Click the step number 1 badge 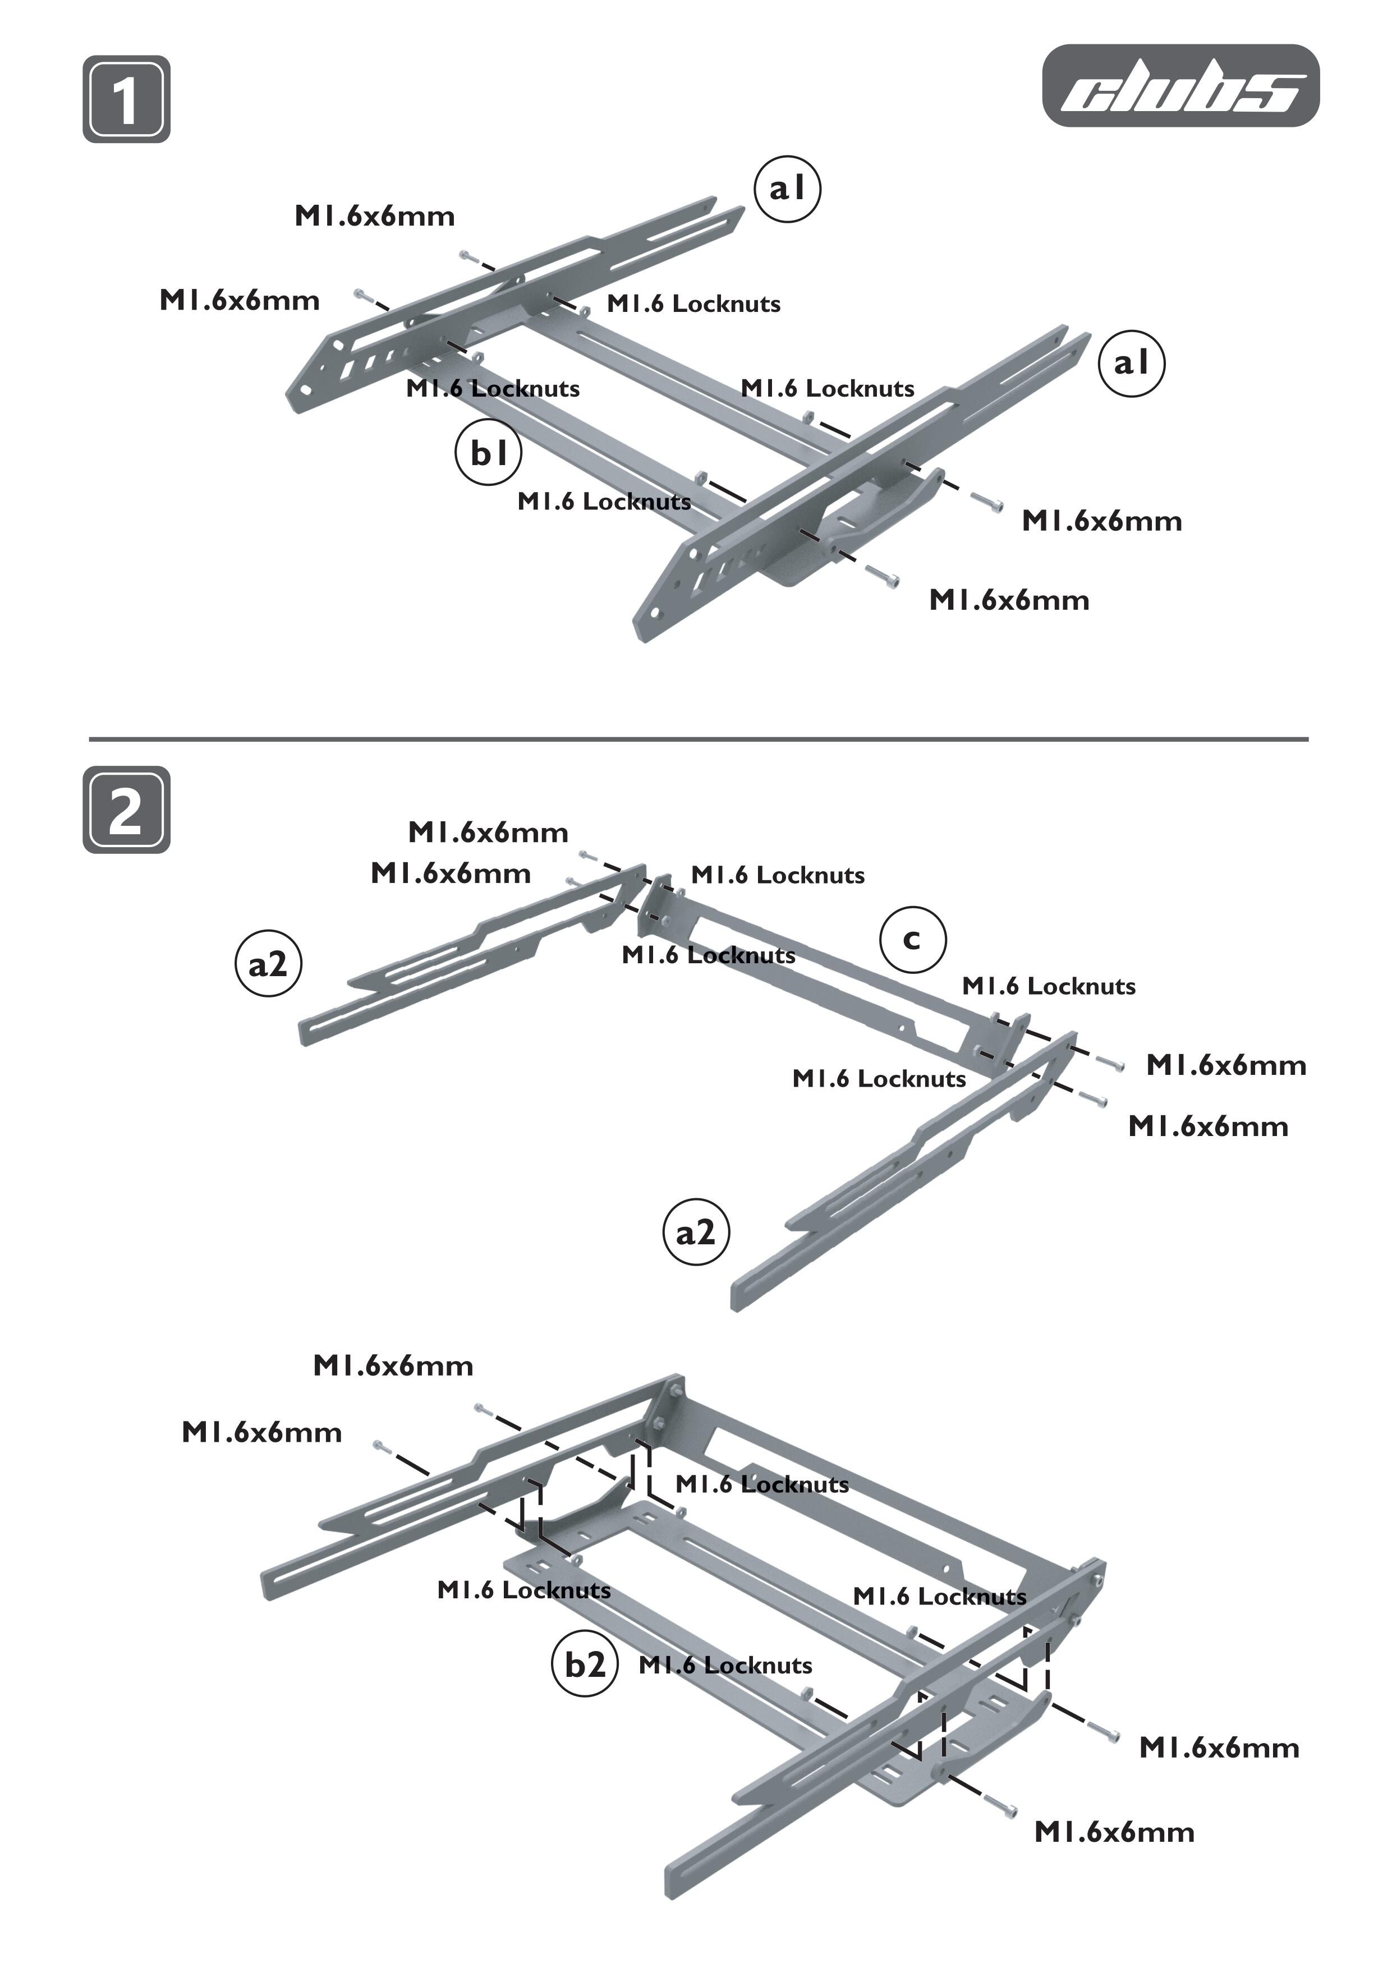[126, 99]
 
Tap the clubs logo [1180, 86]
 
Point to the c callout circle [913, 940]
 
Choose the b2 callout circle [585, 1664]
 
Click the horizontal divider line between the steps [698, 738]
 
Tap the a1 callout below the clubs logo [1132, 364]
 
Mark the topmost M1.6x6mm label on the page [375, 216]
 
